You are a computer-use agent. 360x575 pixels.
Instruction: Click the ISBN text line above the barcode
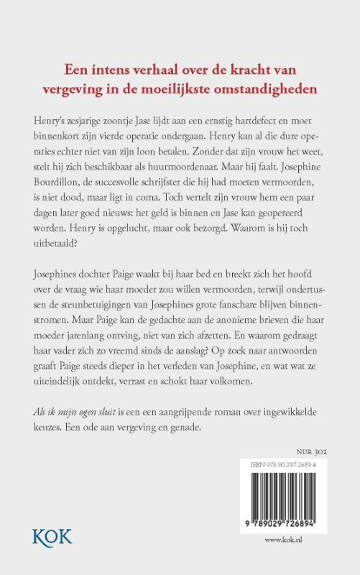click(285, 466)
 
